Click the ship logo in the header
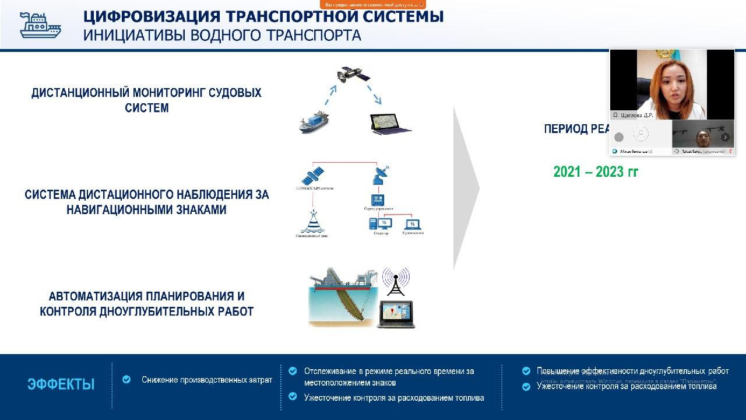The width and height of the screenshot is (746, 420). [x=40, y=24]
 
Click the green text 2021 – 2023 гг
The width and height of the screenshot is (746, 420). [x=596, y=172]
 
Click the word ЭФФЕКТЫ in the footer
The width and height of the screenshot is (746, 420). [x=61, y=384]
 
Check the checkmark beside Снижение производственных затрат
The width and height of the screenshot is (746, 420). [x=126, y=380]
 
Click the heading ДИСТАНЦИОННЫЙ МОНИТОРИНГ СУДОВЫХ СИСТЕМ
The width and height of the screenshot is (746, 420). [x=146, y=100]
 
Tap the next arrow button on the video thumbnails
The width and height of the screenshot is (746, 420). [x=725, y=137]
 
